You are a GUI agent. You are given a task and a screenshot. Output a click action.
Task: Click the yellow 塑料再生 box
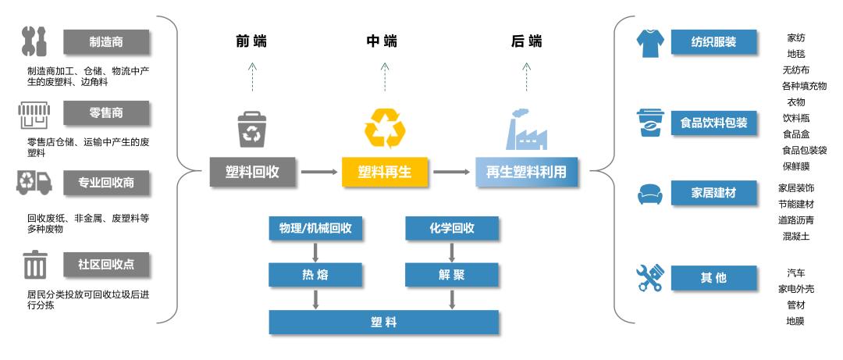pos(385,172)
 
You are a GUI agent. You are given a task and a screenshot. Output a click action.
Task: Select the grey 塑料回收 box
pos(254,172)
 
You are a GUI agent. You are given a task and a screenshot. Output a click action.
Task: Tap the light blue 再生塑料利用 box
pos(527,172)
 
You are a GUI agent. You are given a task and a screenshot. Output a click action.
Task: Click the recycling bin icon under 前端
pos(253,130)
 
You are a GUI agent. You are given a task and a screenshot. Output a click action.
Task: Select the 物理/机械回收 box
pos(315,228)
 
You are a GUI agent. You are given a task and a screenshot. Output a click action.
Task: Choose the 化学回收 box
pos(452,228)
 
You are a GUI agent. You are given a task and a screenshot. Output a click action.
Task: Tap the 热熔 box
pos(315,274)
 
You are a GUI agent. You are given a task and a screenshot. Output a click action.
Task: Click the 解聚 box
pos(452,274)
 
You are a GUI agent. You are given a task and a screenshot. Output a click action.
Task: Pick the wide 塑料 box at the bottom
pos(384,322)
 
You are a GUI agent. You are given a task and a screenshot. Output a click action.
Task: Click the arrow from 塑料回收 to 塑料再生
pos(318,172)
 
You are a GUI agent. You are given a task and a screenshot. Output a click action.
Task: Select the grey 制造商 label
pos(106,41)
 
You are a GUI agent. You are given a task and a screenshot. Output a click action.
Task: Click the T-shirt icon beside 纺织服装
pos(649,43)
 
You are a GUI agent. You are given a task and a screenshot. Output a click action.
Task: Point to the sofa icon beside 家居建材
pos(649,193)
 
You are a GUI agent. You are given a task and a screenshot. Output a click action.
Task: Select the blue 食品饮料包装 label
pos(713,123)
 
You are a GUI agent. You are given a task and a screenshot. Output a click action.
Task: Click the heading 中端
pos(383,41)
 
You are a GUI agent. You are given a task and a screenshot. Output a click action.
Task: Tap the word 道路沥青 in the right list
pos(795,219)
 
